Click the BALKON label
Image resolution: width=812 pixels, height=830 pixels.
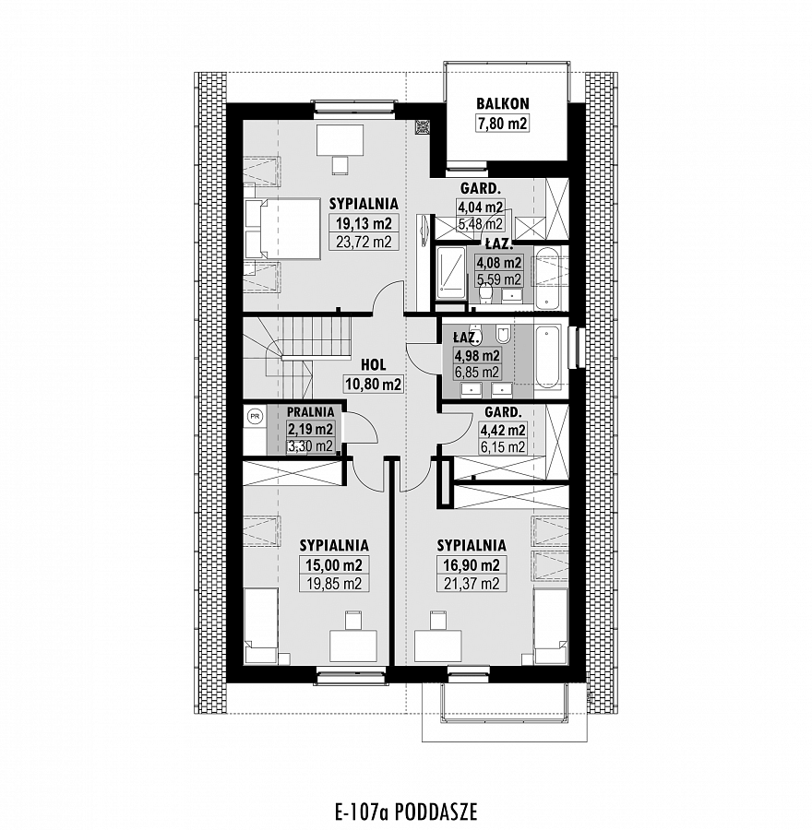tap(503, 102)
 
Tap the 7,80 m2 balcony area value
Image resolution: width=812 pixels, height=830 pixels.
tap(503, 124)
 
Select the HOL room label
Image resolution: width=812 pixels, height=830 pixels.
tap(374, 364)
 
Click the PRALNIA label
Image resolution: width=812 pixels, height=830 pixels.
tap(310, 412)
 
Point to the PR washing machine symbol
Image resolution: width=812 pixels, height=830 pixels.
tap(255, 416)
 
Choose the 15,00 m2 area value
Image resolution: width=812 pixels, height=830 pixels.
tap(334, 564)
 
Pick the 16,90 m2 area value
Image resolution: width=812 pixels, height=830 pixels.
tap(472, 564)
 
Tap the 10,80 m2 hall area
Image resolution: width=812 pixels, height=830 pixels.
tap(374, 384)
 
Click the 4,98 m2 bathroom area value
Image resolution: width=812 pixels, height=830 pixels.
tap(477, 355)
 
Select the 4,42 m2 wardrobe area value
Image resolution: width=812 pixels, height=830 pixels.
tap(502, 429)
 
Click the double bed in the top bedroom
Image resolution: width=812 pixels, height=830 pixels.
tap(283, 230)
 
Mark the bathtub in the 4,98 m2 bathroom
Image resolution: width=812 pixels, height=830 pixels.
tap(547, 357)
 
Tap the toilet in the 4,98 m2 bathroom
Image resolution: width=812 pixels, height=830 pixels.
tap(503, 333)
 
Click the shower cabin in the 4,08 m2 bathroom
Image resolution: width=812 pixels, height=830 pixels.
tap(452, 274)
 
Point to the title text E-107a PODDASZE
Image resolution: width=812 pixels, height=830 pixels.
tap(406, 812)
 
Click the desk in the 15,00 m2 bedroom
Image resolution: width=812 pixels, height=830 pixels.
tap(353, 646)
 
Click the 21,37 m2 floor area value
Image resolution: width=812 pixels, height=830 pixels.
tap(472, 584)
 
